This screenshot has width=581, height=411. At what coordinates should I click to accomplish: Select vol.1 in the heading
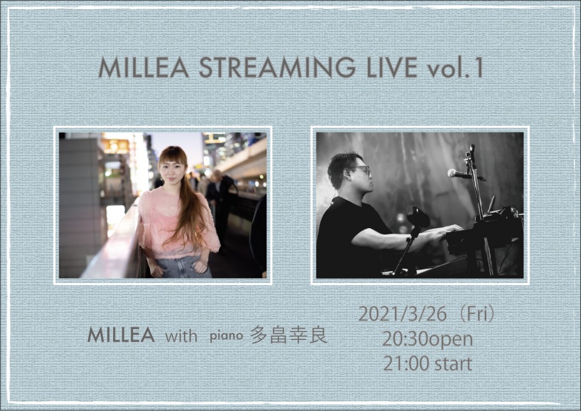point(455,67)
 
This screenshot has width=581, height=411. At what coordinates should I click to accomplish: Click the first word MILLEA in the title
point(144,67)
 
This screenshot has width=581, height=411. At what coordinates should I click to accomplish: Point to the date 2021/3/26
point(402,314)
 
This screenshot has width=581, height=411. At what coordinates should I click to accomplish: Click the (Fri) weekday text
point(476,314)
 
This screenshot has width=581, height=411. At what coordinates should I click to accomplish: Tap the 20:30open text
point(427,339)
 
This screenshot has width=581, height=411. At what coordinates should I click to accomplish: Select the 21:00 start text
point(428,363)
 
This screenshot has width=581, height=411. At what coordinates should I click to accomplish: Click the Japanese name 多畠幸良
point(289,335)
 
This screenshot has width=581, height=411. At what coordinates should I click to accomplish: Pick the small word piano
point(226,336)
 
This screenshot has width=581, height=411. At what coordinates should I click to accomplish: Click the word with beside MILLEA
point(181,336)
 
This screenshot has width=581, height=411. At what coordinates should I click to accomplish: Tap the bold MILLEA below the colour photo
point(121,335)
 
